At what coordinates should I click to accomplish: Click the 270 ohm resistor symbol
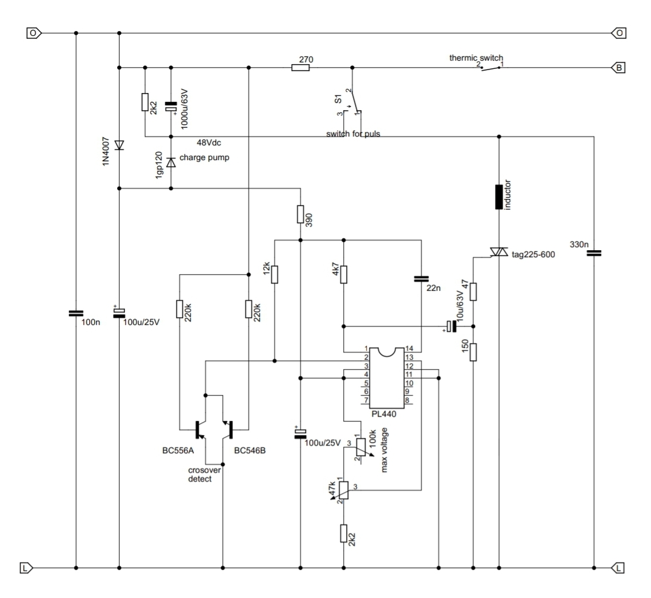[x=300, y=68]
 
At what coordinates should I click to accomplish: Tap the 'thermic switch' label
[x=476, y=58]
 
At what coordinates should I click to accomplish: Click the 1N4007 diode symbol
[x=119, y=144]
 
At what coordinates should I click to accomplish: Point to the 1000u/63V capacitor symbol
[x=171, y=108]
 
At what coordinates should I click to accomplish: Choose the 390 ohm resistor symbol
[x=300, y=214]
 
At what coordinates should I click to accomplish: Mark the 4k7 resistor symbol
[x=343, y=275]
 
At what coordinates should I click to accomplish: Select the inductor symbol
[x=499, y=197]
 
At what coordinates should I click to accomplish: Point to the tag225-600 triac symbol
[x=499, y=252]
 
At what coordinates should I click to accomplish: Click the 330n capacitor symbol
[x=594, y=253]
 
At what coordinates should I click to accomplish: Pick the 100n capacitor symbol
[x=76, y=314]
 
